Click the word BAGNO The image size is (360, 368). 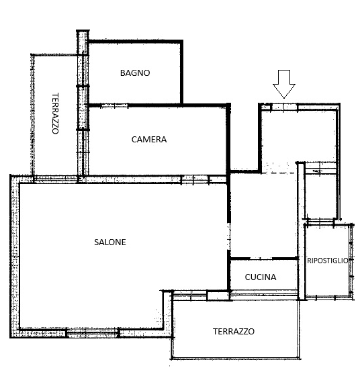click(x=135, y=73)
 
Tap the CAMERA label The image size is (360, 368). click(x=149, y=140)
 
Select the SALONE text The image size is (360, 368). click(x=110, y=242)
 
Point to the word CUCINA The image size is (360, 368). click(x=261, y=277)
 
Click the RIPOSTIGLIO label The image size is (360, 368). click(x=328, y=261)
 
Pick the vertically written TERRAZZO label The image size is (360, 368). click(x=55, y=113)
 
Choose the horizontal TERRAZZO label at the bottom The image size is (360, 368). click(x=234, y=331)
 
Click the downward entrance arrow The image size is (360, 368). click(x=284, y=84)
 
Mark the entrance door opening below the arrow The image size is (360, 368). click(x=284, y=107)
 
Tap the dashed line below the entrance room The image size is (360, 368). click(x=279, y=173)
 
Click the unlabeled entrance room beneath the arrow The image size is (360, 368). click(x=298, y=136)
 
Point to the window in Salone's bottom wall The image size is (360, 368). click(x=93, y=333)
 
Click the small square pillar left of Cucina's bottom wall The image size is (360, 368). click(x=218, y=295)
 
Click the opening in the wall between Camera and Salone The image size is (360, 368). click(x=195, y=180)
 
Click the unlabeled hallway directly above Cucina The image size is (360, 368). click(x=263, y=216)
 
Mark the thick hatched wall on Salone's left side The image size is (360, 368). click(x=15, y=256)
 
